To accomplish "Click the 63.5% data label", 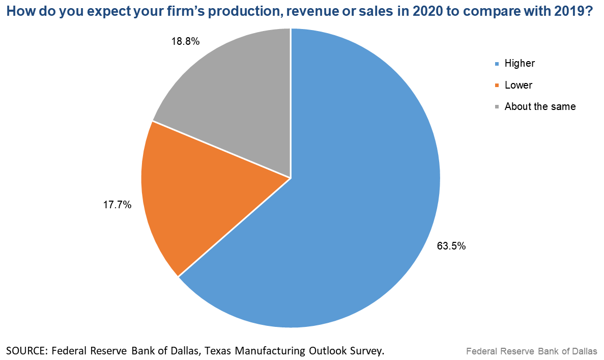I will pos(451,246).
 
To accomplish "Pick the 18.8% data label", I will pos(185,42).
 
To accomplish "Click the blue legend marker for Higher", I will pos(497,64).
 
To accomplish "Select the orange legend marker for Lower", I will pos(497,86).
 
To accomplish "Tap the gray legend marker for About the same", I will pos(497,107).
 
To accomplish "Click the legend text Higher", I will pos(520,64).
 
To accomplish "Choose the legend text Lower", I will pos(519,85).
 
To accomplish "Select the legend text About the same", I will pos(540,106).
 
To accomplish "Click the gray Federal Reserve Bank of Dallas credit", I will pos(532,351).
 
